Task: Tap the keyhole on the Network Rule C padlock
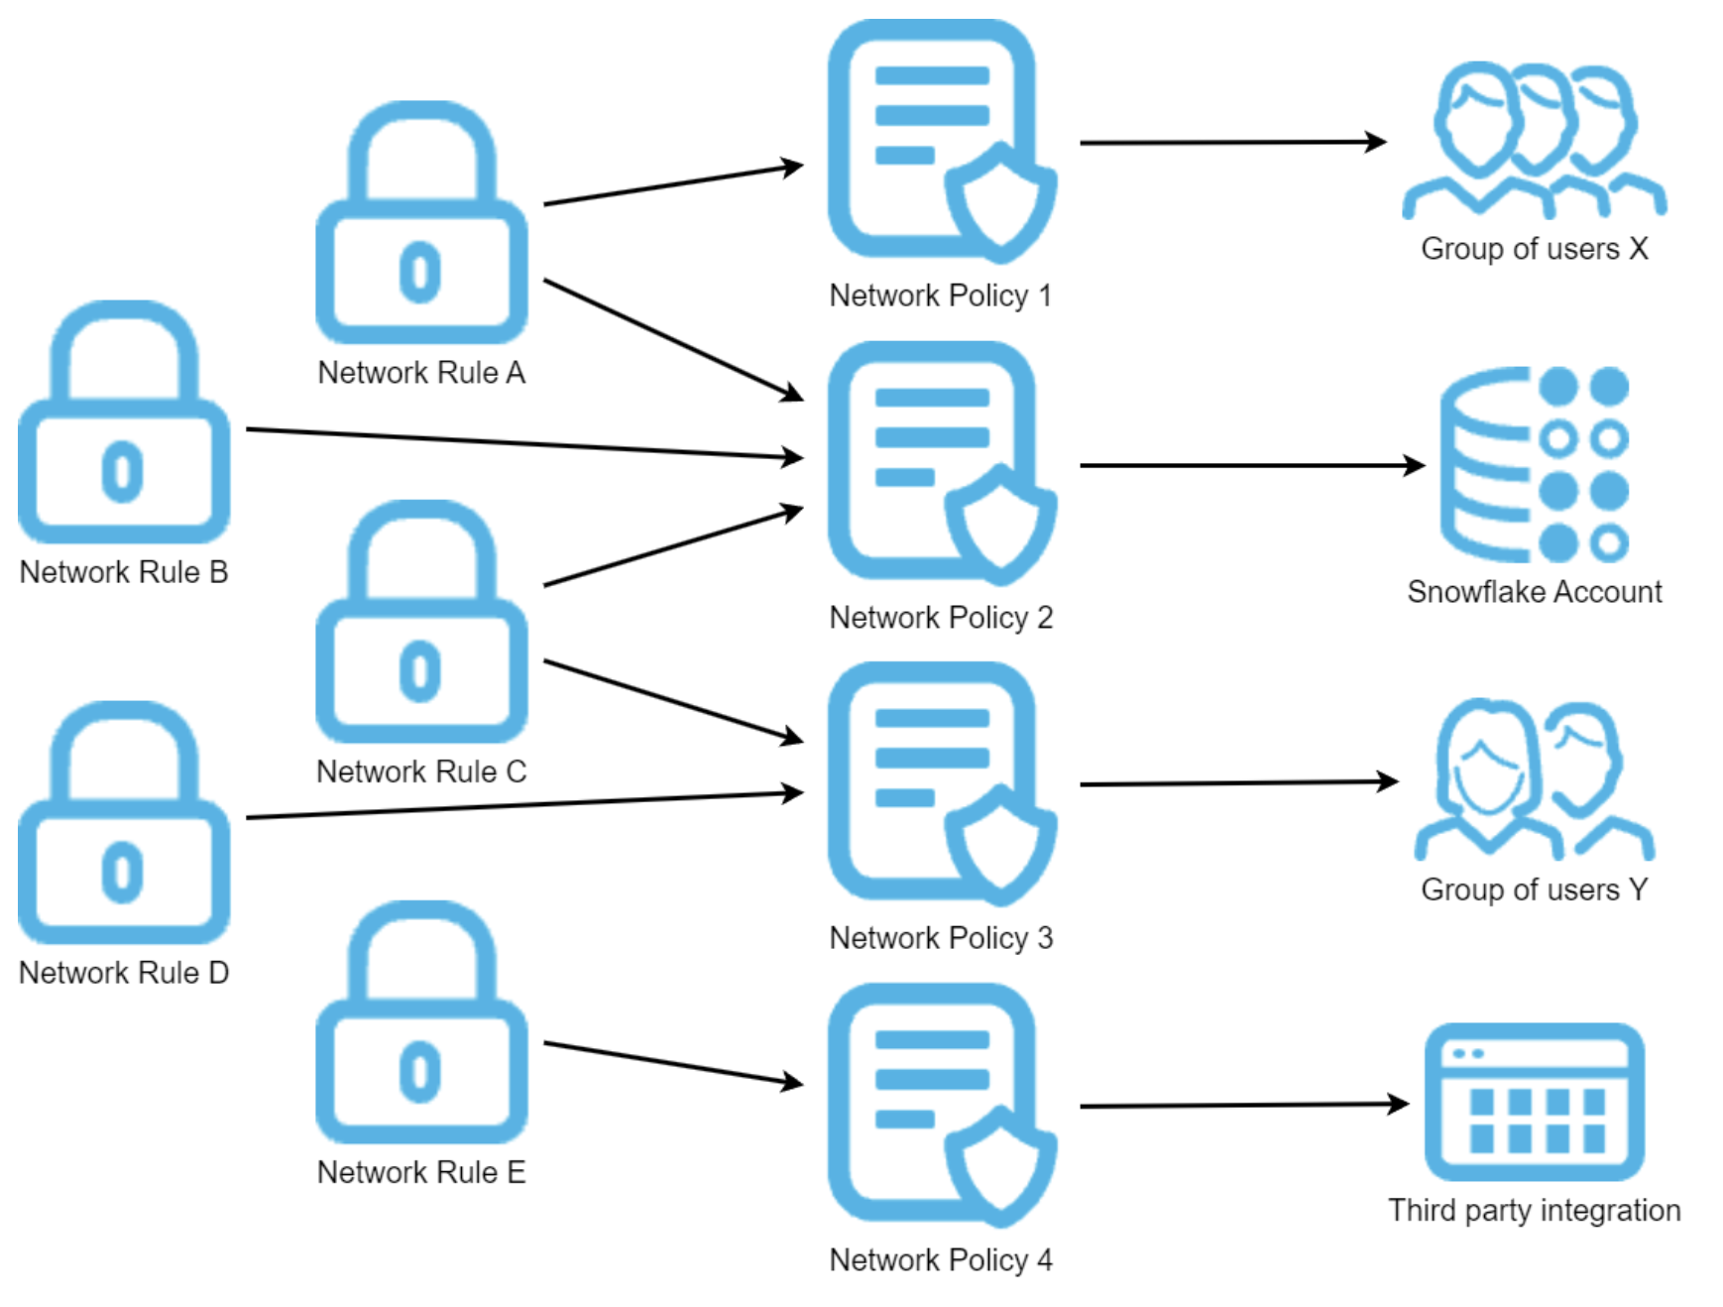420,671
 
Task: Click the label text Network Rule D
124,973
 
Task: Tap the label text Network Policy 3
941,938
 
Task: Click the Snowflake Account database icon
1533,464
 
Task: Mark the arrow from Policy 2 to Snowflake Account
1249,465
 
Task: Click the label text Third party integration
1534,1211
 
